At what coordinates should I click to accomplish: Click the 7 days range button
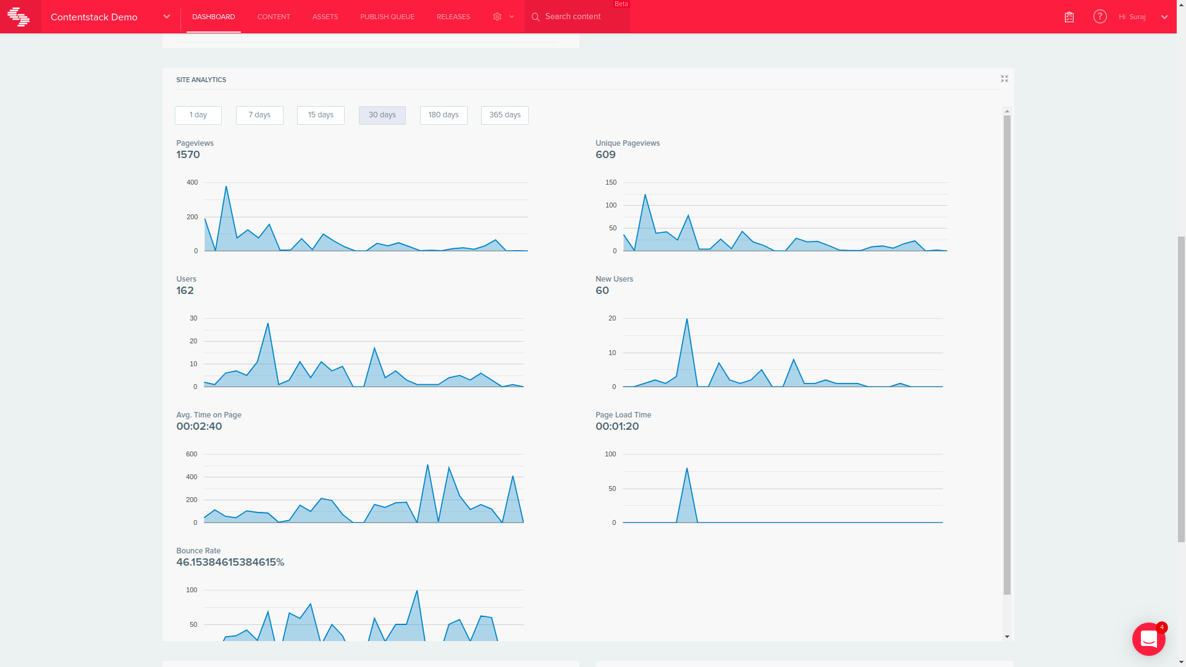pos(259,115)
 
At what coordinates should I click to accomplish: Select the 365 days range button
pos(505,115)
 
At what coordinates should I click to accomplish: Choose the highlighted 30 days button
pos(382,115)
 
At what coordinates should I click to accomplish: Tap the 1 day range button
pos(198,115)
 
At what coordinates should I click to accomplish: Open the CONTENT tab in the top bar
pos(274,17)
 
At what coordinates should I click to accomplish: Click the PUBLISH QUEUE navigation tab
pos(387,17)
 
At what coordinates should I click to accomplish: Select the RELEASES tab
pos(453,17)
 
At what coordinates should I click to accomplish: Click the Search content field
pos(578,17)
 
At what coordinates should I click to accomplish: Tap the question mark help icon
pos(1100,17)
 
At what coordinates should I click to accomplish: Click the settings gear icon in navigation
pos(497,17)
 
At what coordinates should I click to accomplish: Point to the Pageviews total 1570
pos(188,155)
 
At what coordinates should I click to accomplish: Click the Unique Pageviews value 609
pos(605,155)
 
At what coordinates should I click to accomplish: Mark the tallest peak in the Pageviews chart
pos(226,187)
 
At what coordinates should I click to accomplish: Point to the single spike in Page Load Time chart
pos(687,469)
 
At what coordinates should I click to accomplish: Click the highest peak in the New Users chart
pos(687,319)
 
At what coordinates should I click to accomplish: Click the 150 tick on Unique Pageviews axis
pos(611,182)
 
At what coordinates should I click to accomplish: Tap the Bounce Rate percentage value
pos(230,563)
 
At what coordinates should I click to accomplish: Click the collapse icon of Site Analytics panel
pos(1004,78)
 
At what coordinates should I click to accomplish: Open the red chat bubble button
pos(1148,639)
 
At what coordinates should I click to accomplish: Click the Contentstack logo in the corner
pos(19,17)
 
